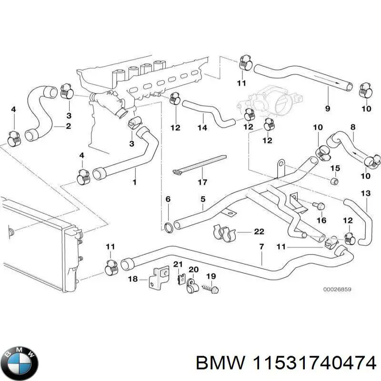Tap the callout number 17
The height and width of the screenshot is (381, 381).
click(x=202, y=182)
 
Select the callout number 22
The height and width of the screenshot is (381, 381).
click(x=259, y=232)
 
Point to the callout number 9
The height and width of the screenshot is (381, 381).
click(x=327, y=109)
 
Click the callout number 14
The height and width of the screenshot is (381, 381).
click(x=202, y=128)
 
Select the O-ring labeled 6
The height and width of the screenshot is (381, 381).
click(x=168, y=225)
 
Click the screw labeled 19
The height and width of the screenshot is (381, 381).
click(x=210, y=289)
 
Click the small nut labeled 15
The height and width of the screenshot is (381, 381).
click(x=334, y=181)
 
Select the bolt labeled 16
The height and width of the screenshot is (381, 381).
click(x=320, y=206)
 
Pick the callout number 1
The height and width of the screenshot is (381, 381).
click(x=134, y=182)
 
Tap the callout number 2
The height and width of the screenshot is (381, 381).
click(x=68, y=126)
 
